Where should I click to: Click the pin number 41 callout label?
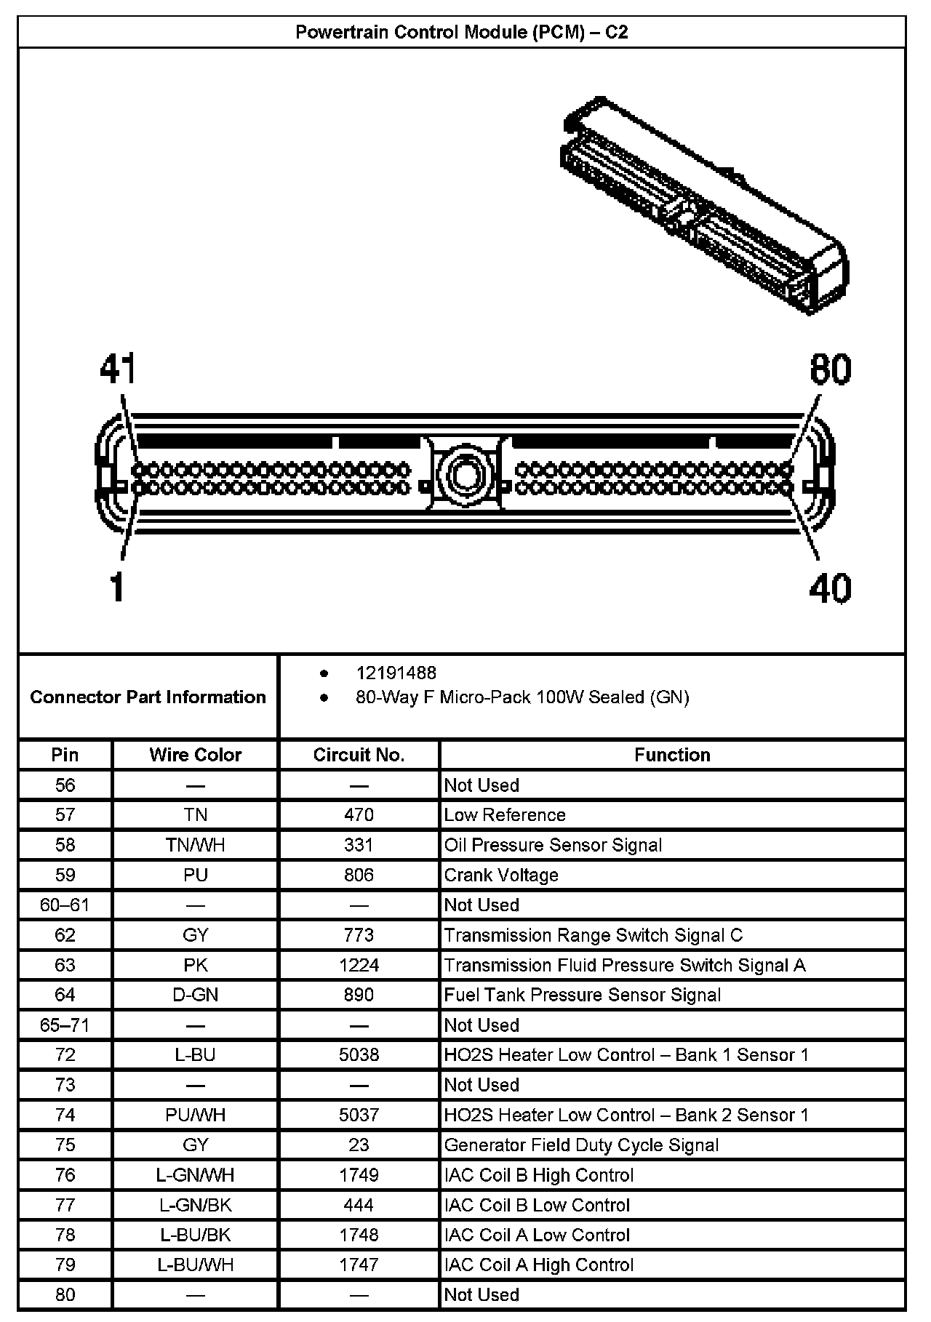[x=119, y=369]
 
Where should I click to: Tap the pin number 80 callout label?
[x=830, y=369]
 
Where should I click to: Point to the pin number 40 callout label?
[x=830, y=588]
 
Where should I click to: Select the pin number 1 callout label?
[x=117, y=588]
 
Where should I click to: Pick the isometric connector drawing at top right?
[x=704, y=204]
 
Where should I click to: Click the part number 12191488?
[x=396, y=673]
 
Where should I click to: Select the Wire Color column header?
[x=195, y=755]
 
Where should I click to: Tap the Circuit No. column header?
[x=359, y=755]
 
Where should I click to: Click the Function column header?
[x=672, y=755]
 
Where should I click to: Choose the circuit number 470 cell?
[x=359, y=815]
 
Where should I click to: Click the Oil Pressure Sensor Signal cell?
[x=553, y=845]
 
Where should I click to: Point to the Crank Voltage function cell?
[x=501, y=875]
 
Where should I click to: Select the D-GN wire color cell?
[x=195, y=995]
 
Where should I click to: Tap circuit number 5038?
[x=359, y=1054]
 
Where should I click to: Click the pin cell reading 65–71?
[x=65, y=1025]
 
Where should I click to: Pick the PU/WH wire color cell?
[x=195, y=1115]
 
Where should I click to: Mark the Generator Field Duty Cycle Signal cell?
[x=581, y=1145]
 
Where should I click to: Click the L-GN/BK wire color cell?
[x=195, y=1205]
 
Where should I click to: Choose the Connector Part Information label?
[x=148, y=697]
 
